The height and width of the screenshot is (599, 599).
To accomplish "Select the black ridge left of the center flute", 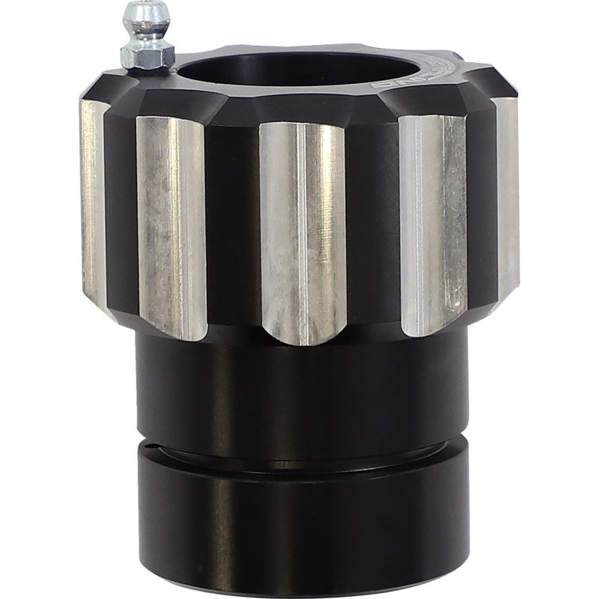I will pos(232,225).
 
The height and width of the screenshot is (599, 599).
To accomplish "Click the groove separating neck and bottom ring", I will pos(299,453).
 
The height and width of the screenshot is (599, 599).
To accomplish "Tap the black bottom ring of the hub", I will pos(299,524).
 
